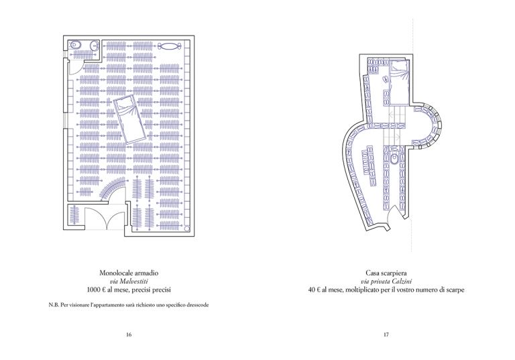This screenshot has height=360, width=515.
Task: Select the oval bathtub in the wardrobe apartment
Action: coord(172,46)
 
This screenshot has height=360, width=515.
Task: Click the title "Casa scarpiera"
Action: coord(386,274)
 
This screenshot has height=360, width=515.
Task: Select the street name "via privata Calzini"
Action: coord(386,282)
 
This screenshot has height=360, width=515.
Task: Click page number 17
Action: coord(386,335)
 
